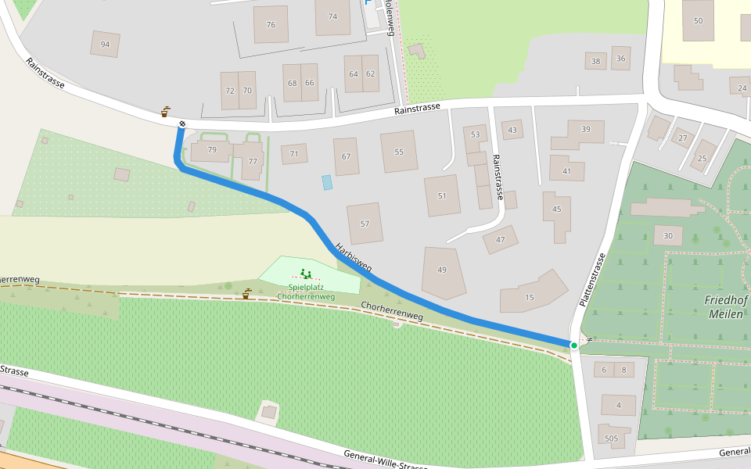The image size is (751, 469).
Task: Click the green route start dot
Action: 573,345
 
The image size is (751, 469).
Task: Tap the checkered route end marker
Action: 182,124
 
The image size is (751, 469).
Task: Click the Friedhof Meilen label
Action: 727,306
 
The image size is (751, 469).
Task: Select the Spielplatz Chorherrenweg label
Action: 306,292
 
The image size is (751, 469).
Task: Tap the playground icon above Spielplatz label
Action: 306,274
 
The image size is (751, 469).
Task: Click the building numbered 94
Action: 105,45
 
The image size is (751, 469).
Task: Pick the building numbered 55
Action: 399,152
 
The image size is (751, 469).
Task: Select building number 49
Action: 442,270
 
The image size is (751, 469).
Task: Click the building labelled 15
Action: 530,297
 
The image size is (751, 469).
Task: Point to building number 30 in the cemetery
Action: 667,236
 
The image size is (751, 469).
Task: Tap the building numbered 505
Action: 611,439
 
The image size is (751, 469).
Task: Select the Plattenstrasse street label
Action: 592,279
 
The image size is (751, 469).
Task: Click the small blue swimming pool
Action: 327,182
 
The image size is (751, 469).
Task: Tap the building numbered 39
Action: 585,129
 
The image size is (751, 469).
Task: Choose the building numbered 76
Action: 271,25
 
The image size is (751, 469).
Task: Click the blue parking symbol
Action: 368,5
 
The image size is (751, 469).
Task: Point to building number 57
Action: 365,224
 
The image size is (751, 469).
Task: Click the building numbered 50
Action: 698,20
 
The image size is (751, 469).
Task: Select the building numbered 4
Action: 619,405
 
